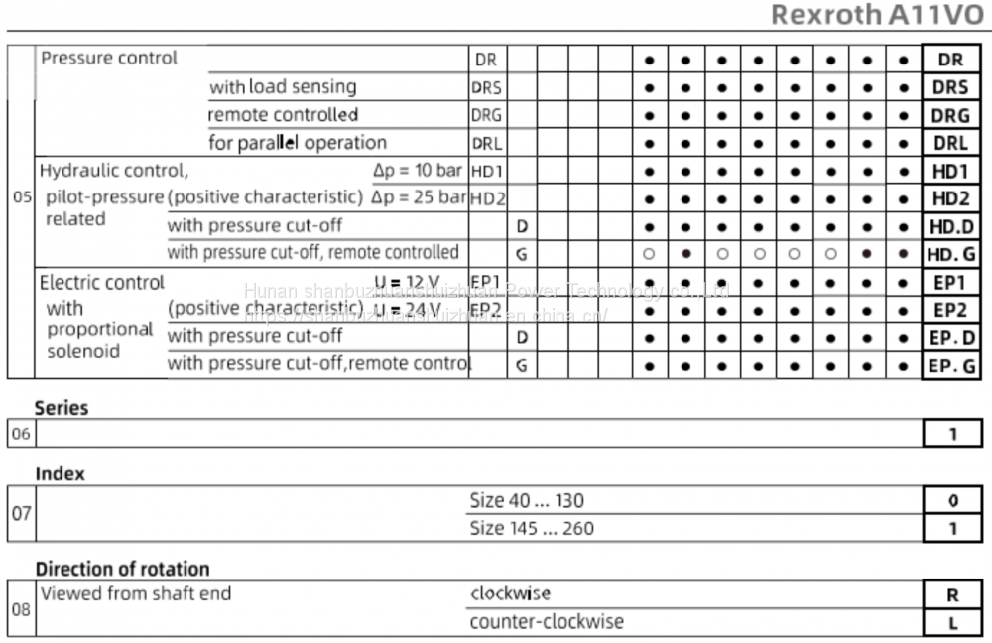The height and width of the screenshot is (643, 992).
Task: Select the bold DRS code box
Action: tap(950, 87)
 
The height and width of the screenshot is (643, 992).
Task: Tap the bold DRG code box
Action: tap(950, 115)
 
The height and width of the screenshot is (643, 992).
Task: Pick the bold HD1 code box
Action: tap(950, 171)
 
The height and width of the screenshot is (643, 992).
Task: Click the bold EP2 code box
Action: tap(950, 310)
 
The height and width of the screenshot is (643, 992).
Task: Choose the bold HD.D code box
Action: tap(950, 226)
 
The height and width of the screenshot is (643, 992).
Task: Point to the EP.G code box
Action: tap(950, 365)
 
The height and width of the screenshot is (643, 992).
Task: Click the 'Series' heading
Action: tap(62, 408)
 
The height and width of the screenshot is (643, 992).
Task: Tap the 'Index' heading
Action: tap(61, 474)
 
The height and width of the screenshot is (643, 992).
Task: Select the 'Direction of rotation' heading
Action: tap(123, 570)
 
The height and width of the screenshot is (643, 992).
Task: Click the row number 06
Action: tap(20, 434)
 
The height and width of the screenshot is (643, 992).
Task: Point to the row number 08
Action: tap(20, 608)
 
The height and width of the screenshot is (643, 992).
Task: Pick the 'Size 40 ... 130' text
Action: tap(527, 501)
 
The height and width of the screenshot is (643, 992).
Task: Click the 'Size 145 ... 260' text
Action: tap(532, 529)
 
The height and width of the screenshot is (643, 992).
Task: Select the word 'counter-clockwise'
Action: tap(547, 622)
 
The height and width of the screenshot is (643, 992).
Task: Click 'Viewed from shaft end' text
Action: tap(135, 594)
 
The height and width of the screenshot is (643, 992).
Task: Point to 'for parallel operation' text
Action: tap(298, 143)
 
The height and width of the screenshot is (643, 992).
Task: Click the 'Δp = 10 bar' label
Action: tap(418, 171)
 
